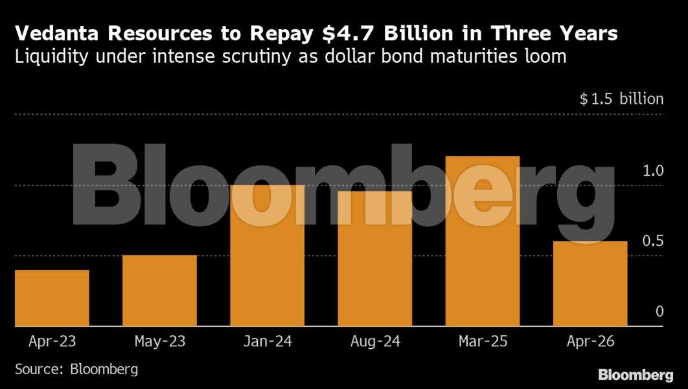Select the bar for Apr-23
point(52,298)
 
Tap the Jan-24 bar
point(267,255)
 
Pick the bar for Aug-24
point(374,259)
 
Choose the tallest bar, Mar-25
point(483,241)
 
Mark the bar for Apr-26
point(590,283)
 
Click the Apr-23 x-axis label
point(52,341)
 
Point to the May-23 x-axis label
point(159,341)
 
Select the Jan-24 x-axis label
point(267,341)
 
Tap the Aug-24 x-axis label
point(374,341)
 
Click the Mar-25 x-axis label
point(483,341)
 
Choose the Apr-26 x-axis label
point(590,341)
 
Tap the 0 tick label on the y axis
point(659,312)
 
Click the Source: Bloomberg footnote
point(76,370)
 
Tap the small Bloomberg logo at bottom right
point(636,375)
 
